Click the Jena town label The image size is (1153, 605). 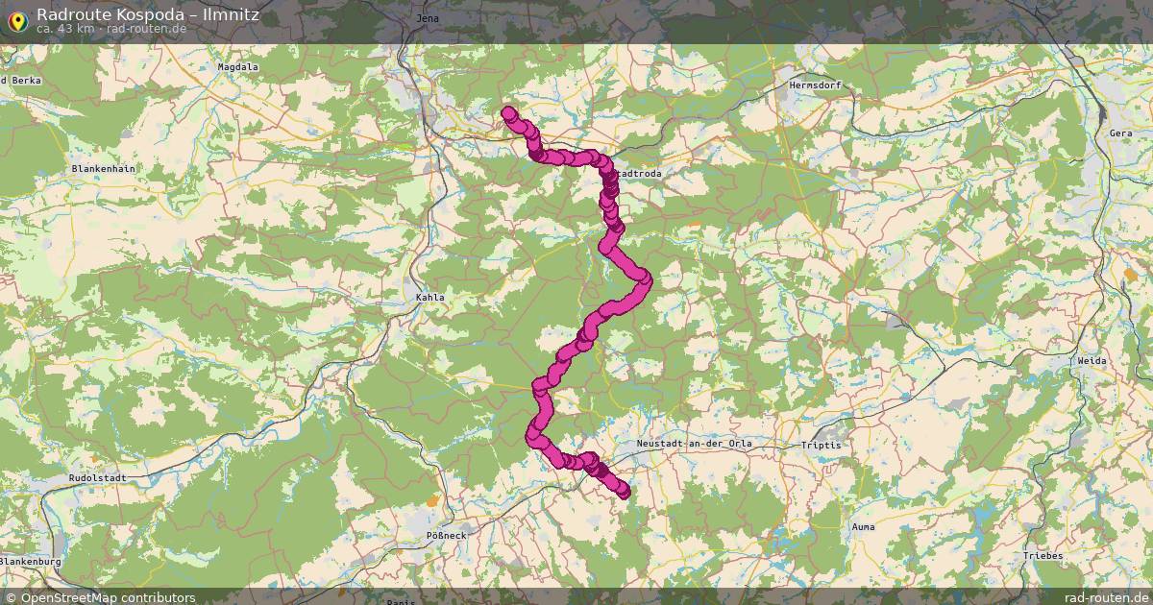pos(429,18)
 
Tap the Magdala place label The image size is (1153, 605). pos(238,67)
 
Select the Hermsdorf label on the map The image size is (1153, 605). pos(815,85)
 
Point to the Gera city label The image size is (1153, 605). pos(1120,133)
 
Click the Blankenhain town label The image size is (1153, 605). pos(104,168)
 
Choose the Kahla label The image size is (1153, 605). pos(430,298)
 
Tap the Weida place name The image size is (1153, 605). pos(1092,360)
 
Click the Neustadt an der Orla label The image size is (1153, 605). pos(695,444)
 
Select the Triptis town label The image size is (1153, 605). pos(822,446)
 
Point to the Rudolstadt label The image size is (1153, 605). pos(94,477)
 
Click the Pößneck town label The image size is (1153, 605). pos(446,535)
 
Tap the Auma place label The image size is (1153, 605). pos(864,527)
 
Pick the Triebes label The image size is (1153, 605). pos(1043,556)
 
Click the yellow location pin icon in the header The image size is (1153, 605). pos(17,18)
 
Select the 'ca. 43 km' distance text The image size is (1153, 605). pos(64,28)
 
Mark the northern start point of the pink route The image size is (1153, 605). pos(508,112)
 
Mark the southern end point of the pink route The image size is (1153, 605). pos(624,492)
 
